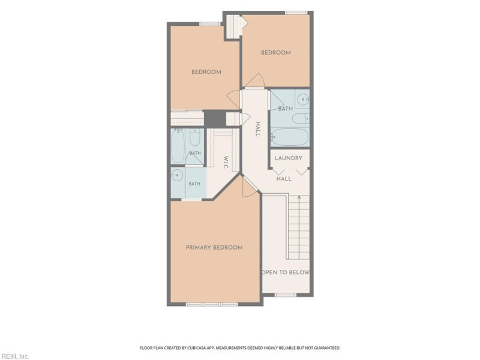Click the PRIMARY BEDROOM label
[x=214, y=247]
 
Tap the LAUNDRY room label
[x=289, y=158]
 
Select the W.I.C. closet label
[x=226, y=163]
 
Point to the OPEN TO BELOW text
[x=285, y=272]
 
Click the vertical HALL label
[x=258, y=129]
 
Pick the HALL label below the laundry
[x=284, y=179]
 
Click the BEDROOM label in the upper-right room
[x=276, y=53]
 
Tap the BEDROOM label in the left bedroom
[x=206, y=72]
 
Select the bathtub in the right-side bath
[x=289, y=137]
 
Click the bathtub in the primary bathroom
[x=178, y=146]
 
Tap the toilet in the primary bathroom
[x=194, y=137]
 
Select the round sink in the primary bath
[x=177, y=175]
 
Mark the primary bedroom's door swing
[x=248, y=187]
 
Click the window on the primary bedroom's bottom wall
[x=212, y=304]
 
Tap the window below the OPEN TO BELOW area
[x=286, y=295]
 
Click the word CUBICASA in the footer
[x=196, y=348]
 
